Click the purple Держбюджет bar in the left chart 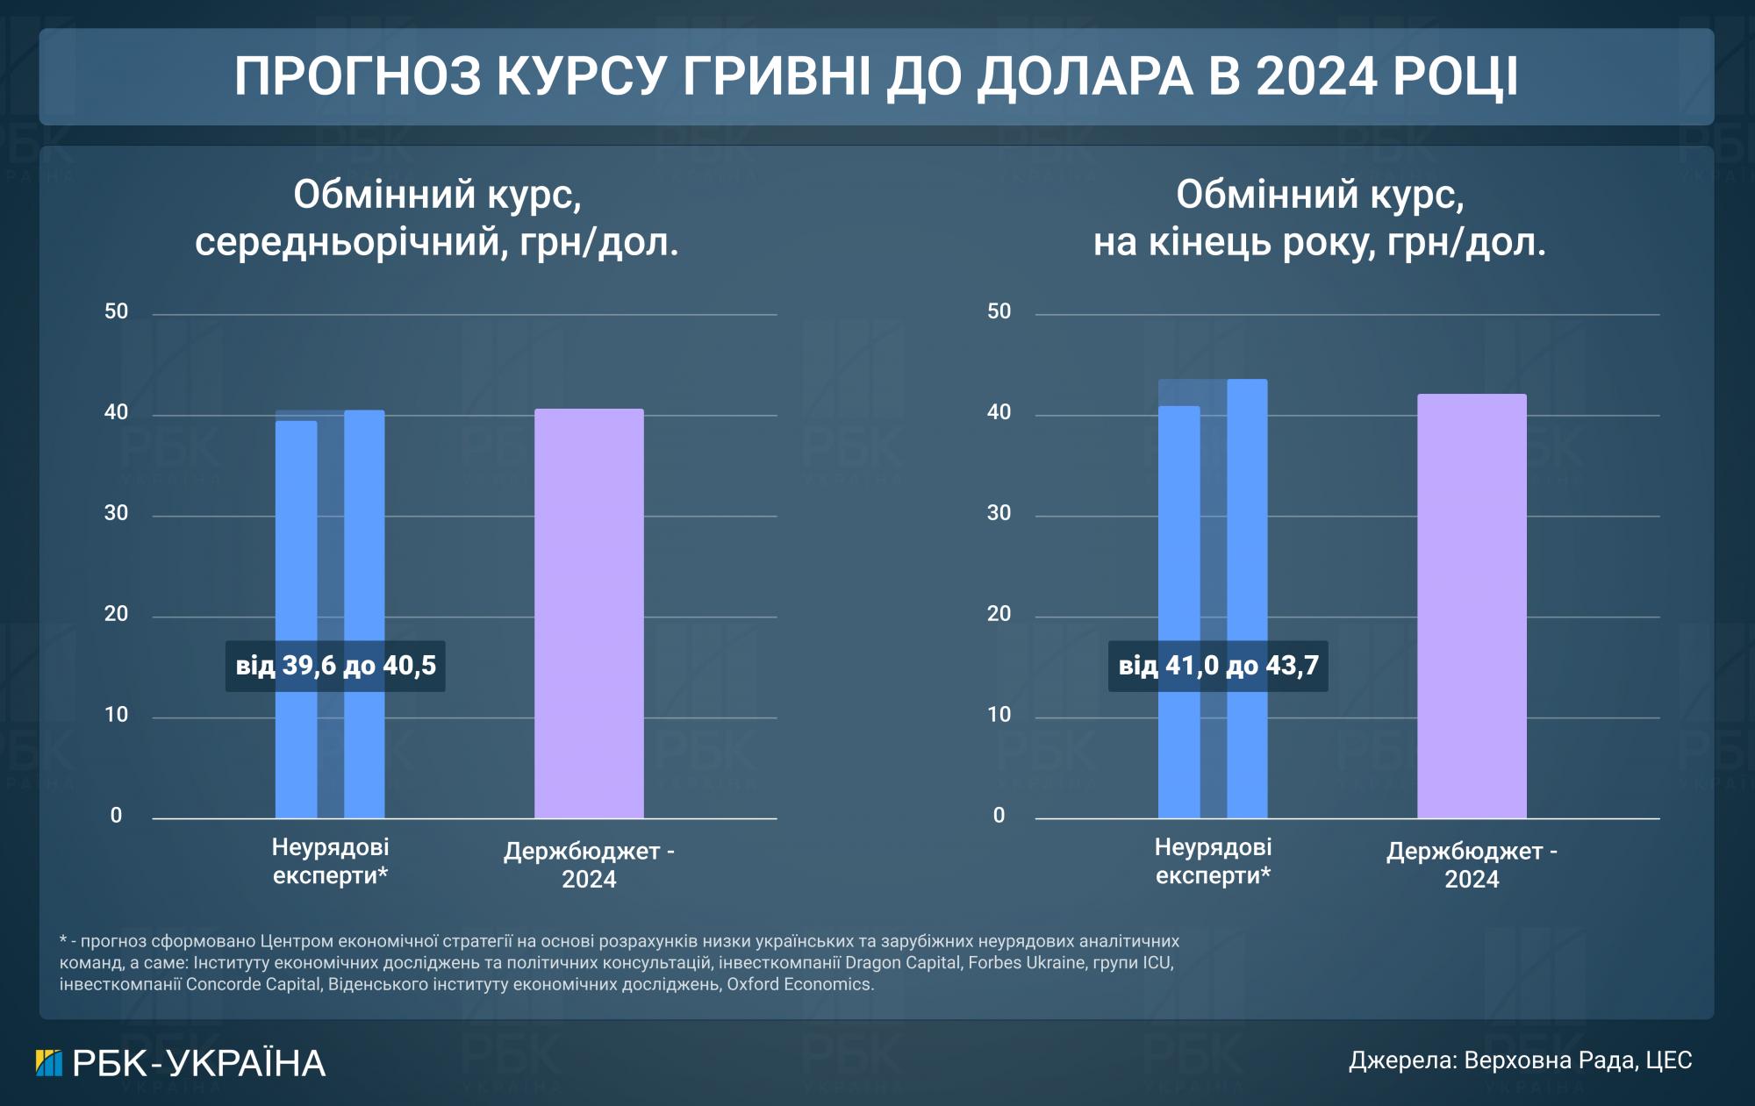click(589, 614)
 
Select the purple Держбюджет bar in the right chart click(1472, 605)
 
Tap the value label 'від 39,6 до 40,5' click(335, 666)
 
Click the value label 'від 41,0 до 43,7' click(1218, 666)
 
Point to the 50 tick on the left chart click(117, 312)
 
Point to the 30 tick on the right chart click(999, 514)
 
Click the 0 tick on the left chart click(117, 817)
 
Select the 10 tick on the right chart click(999, 716)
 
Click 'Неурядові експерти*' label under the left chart click(330, 861)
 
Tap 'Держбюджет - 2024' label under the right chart click(1472, 865)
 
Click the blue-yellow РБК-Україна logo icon click(49, 1063)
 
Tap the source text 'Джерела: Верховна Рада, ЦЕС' click(1520, 1060)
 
